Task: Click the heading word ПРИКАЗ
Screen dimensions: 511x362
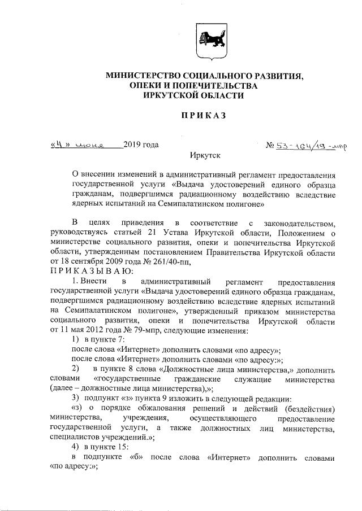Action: click(203, 116)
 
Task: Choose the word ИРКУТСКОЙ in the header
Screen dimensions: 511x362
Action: click(171, 95)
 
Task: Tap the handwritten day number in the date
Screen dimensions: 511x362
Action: click(59, 145)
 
